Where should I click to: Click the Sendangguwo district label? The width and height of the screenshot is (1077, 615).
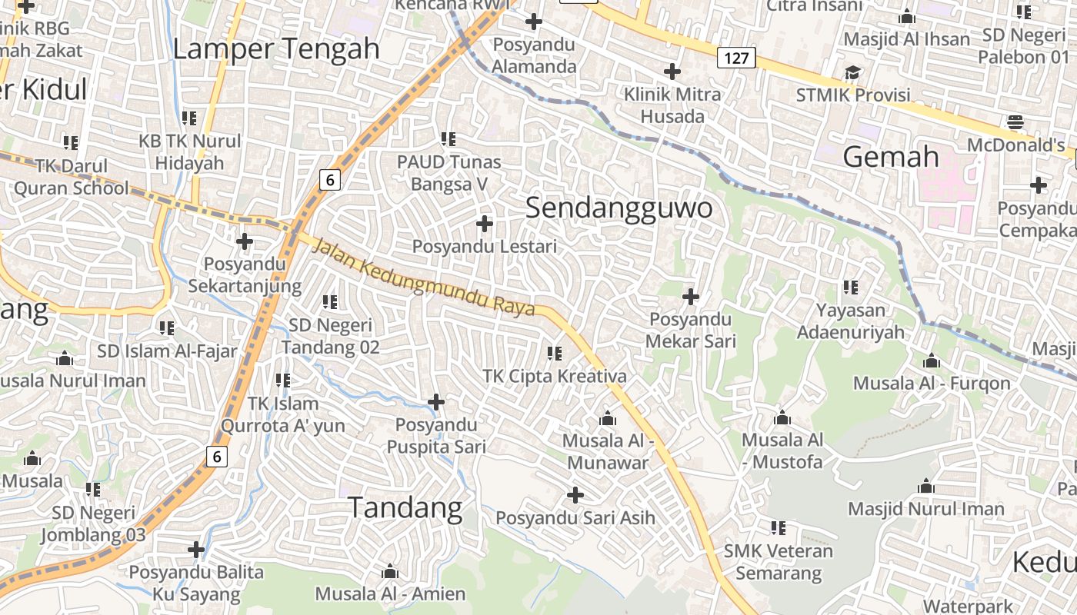point(619,208)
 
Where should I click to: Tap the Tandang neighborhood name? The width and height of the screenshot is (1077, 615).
point(405,507)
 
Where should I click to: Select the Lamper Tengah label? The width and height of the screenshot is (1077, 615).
point(276,48)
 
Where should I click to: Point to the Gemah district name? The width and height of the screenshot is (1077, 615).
point(891,157)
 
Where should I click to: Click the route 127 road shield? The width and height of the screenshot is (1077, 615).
point(737,57)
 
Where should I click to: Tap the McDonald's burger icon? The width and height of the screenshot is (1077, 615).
point(1015,121)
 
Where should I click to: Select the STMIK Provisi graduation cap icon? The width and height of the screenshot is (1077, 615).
point(852,73)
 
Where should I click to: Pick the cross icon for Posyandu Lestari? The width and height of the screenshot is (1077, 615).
point(485,224)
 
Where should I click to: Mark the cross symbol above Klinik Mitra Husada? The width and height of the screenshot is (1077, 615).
point(672,71)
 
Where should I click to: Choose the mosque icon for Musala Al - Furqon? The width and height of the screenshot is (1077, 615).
point(932,361)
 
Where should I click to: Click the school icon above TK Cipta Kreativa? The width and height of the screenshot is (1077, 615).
point(554,354)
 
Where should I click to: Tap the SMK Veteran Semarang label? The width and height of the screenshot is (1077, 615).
point(779,562)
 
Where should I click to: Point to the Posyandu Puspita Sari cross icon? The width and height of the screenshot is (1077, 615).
point(436,402)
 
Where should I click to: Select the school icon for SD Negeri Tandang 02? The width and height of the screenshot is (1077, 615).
point(330,302)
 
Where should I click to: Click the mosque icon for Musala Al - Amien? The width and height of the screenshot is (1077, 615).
point(390,572)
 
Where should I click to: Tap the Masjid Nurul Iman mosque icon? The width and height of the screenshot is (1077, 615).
point(926,487)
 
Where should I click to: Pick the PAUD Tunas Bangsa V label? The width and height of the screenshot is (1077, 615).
point(448,173)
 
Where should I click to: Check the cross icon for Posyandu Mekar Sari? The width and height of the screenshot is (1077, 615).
point(691,297)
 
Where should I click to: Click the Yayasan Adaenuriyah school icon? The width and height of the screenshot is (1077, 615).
point(850,288)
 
